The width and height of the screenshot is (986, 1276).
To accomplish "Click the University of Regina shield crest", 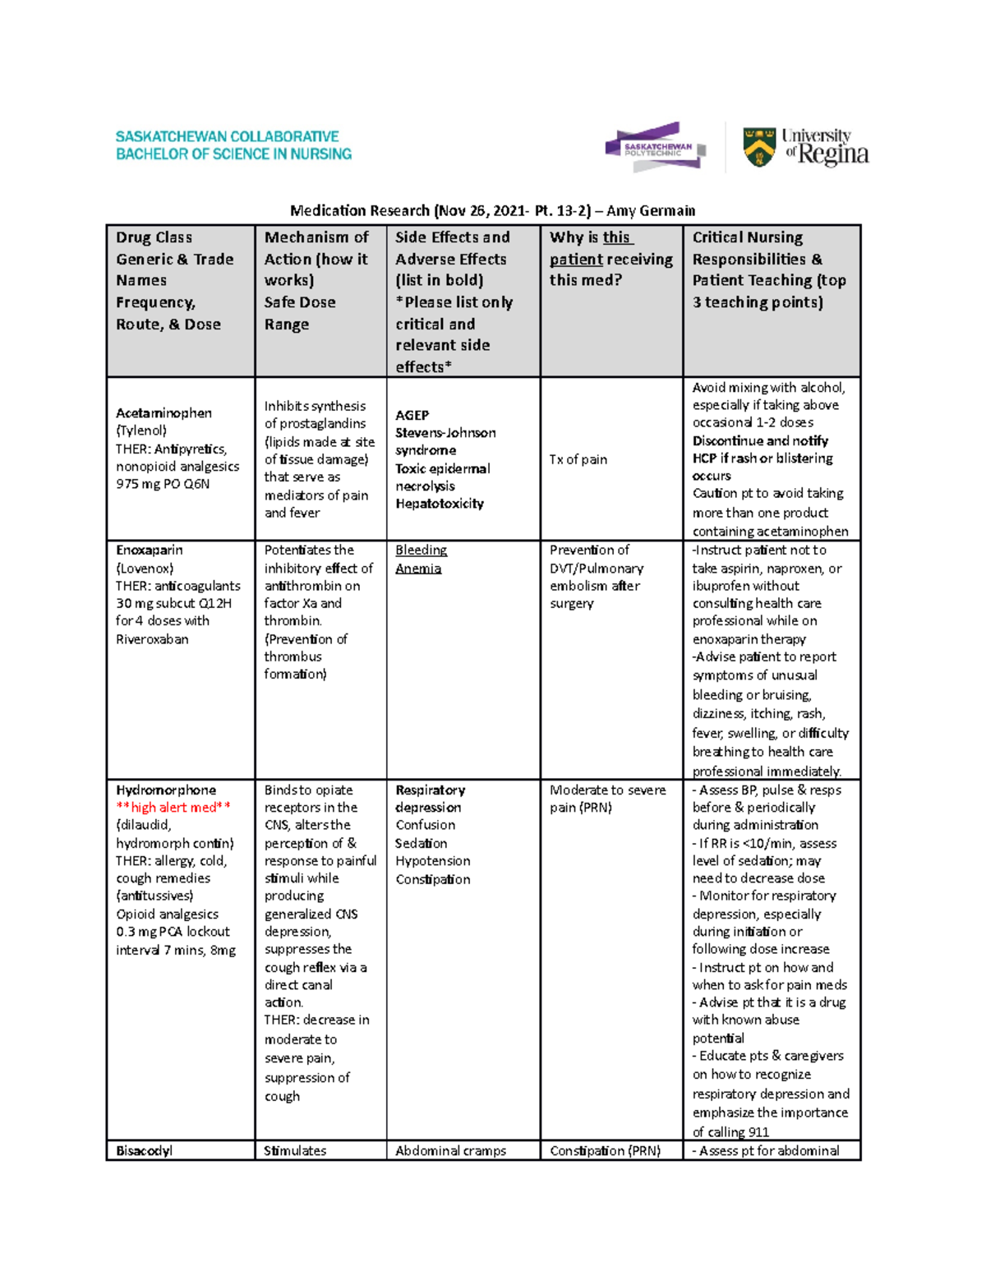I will tap(758, 148).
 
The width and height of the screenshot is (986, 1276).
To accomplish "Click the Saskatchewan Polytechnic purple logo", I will tap(655, 147).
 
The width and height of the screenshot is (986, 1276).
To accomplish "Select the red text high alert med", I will tap(173, 808).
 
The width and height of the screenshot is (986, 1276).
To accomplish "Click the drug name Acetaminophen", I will tap(164, 413).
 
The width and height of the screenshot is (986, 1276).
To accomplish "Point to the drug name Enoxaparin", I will tap(150, 550).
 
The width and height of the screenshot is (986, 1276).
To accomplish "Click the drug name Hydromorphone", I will tap(166, 790).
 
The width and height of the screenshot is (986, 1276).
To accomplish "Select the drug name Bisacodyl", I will tap(144, 1151).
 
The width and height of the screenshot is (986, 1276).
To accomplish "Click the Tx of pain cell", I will tap(578, 459).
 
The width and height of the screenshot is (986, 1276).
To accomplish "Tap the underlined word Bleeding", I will tap(421, 550).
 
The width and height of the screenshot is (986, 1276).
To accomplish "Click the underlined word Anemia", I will tap(418, 569).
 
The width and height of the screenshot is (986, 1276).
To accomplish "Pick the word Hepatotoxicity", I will tap(439, 504).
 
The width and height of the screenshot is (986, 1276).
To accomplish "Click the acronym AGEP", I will tap(412, 416).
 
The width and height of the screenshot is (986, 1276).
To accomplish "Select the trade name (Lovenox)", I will tap(145, 569).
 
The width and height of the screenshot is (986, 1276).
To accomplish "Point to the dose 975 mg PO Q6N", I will tap(163, 484).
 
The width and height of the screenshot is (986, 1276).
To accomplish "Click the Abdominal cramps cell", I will tap(450, 1151).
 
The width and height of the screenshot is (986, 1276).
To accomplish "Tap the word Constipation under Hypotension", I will tap(433, 879).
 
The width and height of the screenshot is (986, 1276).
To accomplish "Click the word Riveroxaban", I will tap(152, 639).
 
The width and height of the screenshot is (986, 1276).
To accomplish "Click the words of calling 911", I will tap(730, 1132).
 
